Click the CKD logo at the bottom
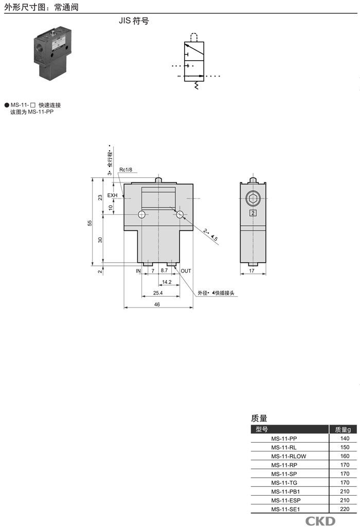coord(320,521)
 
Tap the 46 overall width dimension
coord(157,304)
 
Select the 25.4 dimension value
coord(158,293)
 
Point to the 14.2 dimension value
coord(167,282)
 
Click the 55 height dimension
coord(90,223)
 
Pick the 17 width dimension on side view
coord(252,270)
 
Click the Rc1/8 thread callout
coord(125,169)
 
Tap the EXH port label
coord(112,195)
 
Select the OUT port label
coord(186,271)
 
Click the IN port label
coord(138,271)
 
